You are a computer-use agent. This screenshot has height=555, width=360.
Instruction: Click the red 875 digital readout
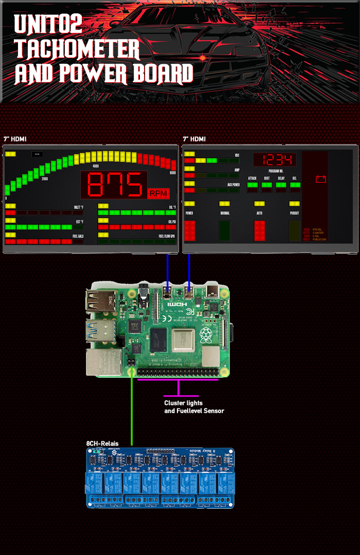point(114,185)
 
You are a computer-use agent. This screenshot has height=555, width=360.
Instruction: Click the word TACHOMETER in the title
point(78,49)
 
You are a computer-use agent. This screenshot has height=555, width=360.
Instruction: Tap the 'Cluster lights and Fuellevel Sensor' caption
point(194,406)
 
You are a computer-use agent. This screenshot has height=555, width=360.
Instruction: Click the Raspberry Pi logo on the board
point(206,337)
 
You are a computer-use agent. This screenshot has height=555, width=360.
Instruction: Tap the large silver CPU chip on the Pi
point(184,340)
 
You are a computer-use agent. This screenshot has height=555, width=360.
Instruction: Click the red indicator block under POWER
point(190,231)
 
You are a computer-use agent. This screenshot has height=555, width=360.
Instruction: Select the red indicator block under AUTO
point(260,231)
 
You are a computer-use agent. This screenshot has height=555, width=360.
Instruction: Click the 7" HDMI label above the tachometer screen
point(15,139)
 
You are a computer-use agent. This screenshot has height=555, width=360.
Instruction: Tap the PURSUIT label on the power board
point(294,213)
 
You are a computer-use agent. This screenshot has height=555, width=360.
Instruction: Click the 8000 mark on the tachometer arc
point(173,173)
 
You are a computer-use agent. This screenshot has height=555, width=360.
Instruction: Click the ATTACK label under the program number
point(252,178)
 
